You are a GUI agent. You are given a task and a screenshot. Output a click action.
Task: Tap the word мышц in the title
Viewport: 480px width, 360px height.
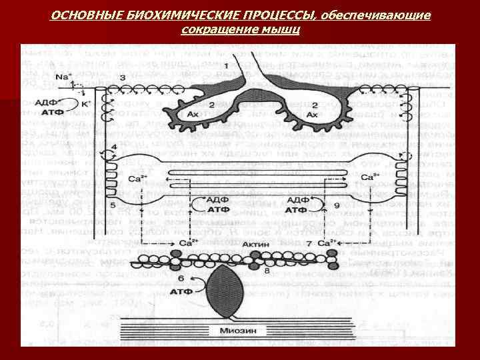pyautogui.click(x=283, y=30)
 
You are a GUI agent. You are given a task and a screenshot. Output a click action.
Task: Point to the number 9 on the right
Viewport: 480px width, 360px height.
pyautogui.click(x=336, y=205)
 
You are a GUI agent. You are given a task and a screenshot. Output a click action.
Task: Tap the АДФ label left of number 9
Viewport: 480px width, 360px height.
pyautogui.click(x=298, y=200)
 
